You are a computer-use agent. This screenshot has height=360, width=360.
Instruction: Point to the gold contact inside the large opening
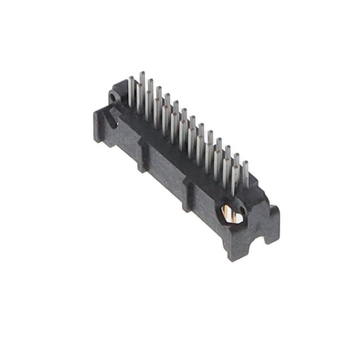click(x=227, y=212)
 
